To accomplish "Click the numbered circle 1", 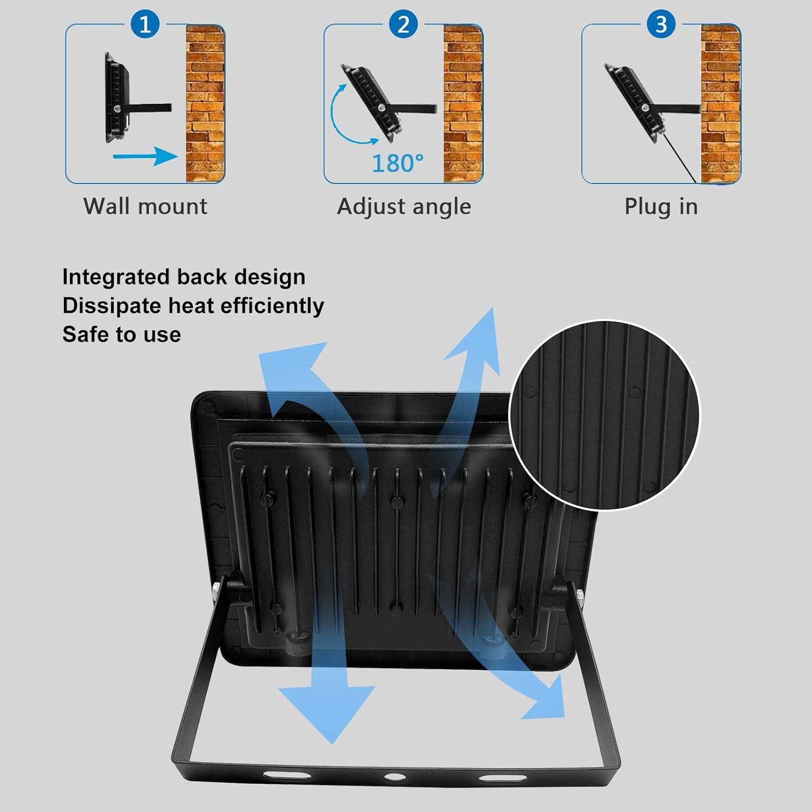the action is (145, 24).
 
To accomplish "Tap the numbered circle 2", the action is (403, 24).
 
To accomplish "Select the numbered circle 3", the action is (661, 24).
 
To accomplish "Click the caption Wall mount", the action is (145, 206).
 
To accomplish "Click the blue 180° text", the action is (398, 163).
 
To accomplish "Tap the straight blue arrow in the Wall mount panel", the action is (145, 156).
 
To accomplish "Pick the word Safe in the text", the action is (84, 334).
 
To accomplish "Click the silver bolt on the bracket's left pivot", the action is (216, 588).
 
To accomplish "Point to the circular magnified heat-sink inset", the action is (605, 415).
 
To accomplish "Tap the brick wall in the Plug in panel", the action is (721, 103).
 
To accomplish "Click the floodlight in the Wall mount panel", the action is (117, 99).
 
